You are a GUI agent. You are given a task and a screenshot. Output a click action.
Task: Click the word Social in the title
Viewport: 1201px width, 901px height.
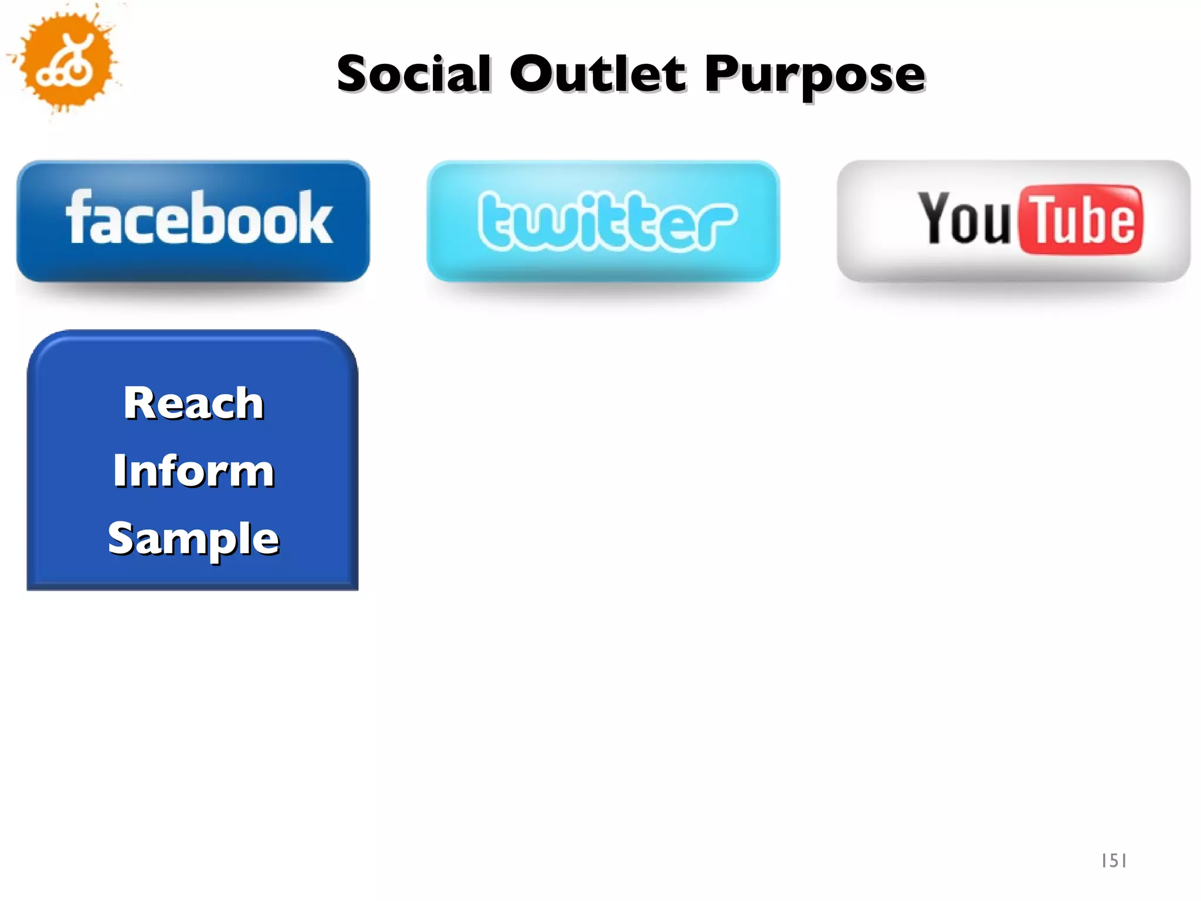414,74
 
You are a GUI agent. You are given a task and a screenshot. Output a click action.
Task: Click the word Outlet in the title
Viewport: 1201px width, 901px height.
597,74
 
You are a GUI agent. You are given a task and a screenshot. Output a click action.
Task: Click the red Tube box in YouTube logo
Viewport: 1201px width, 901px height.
1081,219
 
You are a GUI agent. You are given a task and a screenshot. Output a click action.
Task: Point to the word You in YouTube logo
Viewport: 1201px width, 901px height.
964,218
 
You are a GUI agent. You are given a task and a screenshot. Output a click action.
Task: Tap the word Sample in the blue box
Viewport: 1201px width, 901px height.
194,538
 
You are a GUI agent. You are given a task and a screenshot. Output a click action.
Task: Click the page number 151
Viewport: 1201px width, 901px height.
1114,861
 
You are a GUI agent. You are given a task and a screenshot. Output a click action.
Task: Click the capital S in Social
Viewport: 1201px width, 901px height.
355,74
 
